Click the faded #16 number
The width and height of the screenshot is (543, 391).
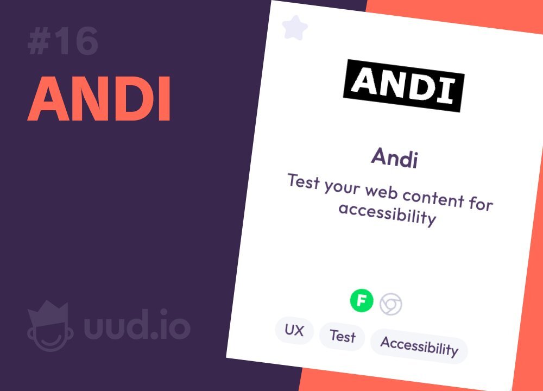point(63,42)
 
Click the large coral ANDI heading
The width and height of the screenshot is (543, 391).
point(99,99)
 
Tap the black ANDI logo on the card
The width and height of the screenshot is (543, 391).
point(404,86)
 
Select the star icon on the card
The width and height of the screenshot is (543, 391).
point(295,27)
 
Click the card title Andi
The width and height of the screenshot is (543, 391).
point(394,158)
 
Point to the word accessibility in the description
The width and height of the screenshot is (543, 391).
point(387,213)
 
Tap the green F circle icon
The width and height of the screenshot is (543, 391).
point(362,300)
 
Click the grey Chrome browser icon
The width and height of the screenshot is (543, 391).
point(390,305)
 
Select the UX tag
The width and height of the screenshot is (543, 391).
point(294,330)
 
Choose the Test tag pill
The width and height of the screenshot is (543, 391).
point(342,336)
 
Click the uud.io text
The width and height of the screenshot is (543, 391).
point(137,325)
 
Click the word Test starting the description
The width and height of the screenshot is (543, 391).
point(304,181)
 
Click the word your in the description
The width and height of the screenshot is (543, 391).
point(342,187)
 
